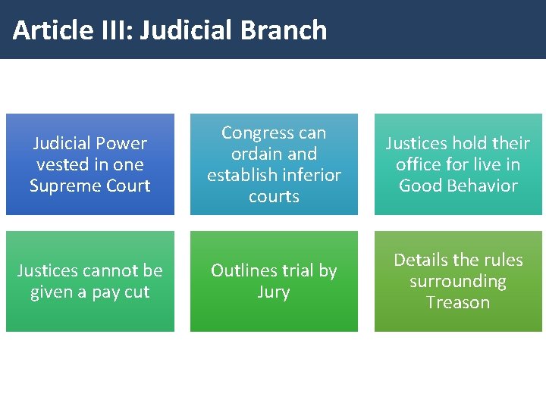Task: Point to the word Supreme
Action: pos(63,186)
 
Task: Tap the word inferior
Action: pos(308,175)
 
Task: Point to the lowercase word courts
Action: pos(274,196)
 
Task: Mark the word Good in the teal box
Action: pos(418,186)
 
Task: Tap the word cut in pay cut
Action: pos(137,292)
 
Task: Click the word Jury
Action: pos(274,292)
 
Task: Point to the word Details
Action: pos(420,260)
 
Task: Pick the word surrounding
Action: pos(458,281)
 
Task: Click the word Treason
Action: pos(458,302)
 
